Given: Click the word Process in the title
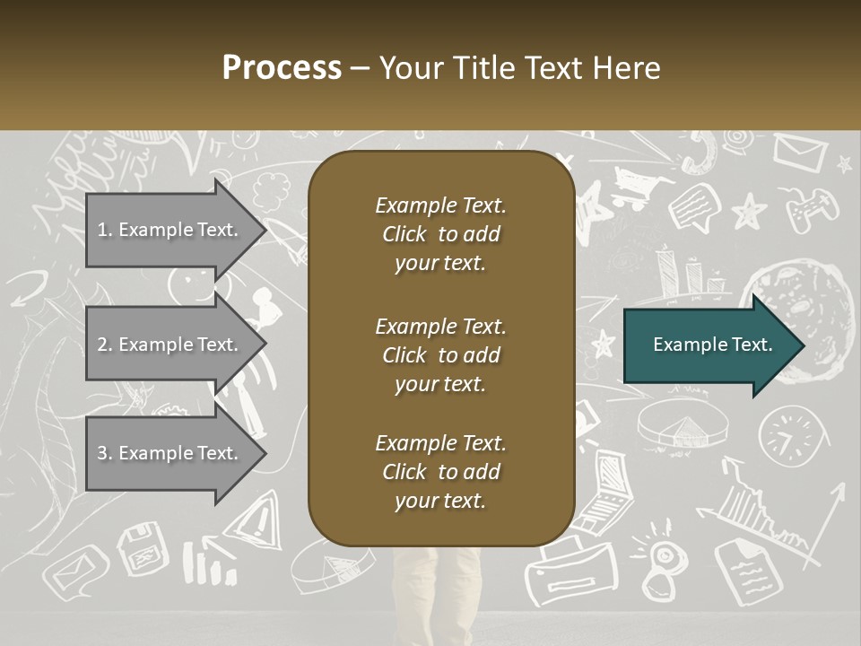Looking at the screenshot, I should [282, 68].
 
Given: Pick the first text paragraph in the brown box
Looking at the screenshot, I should [440, 234].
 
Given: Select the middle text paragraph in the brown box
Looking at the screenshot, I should [440, 355].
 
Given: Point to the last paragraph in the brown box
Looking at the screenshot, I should [440, 472].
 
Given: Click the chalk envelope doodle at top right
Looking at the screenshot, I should [799, 152].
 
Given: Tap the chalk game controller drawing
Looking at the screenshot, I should [812, 209].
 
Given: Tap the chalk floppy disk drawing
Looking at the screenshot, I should [143, 548].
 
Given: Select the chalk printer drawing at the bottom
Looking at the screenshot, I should [571, 572].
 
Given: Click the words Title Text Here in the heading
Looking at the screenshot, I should [557, 68].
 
